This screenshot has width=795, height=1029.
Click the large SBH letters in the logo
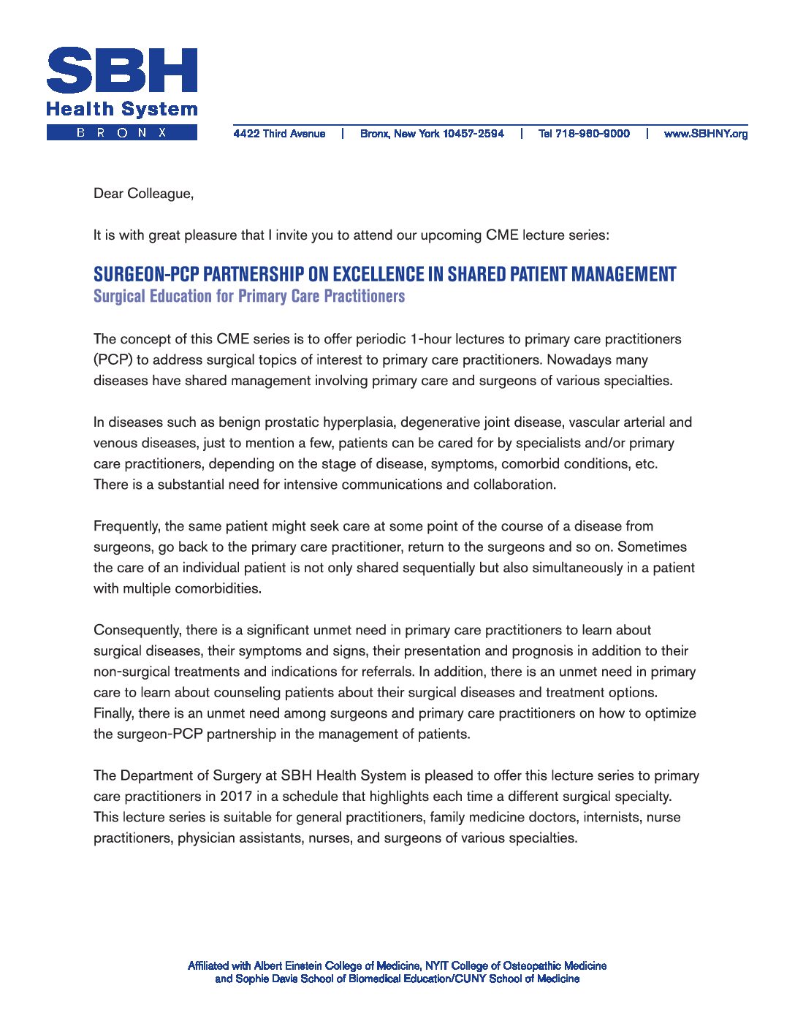(x=121, y=70)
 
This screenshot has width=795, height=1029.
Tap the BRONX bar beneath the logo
(x=121, y=132)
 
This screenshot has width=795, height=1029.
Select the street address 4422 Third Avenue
(x=279, y=134)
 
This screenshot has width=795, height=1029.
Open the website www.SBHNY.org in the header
(x=705, y=134)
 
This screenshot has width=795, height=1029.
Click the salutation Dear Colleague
(x=143, y=194)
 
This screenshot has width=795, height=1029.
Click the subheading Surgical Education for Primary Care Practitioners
(x=248, y=296)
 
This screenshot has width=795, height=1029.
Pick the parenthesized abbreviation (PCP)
(x=113, y=360)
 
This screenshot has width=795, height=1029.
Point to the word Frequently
(x=126, y=526)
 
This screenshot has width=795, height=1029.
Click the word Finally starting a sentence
(x=113, y=713)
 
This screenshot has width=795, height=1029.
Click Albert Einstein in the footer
(x=287, y=966)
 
